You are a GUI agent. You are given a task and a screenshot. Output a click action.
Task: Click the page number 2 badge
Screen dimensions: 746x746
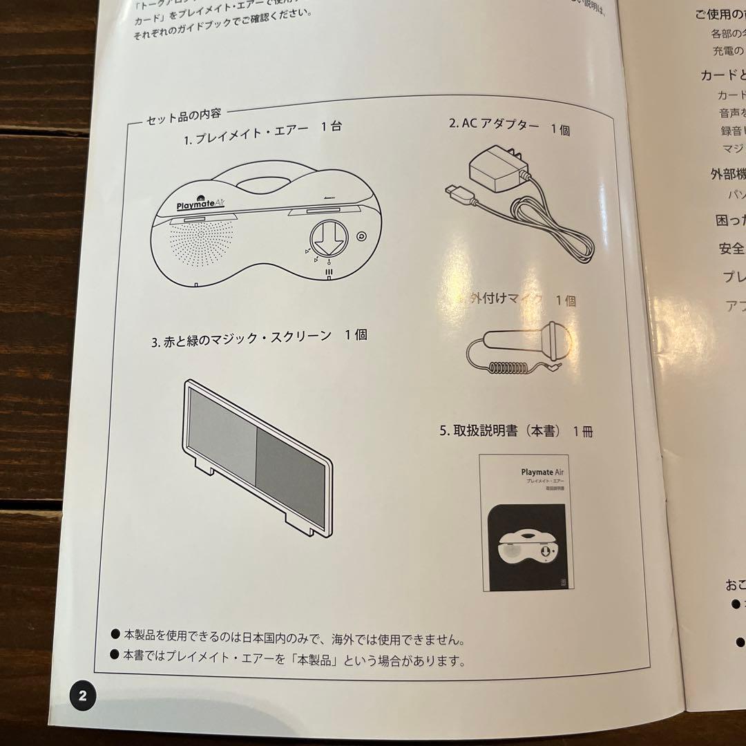(x=82, y=696)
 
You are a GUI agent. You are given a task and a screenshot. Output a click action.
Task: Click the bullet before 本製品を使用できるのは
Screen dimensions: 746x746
(x=115, y=633)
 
